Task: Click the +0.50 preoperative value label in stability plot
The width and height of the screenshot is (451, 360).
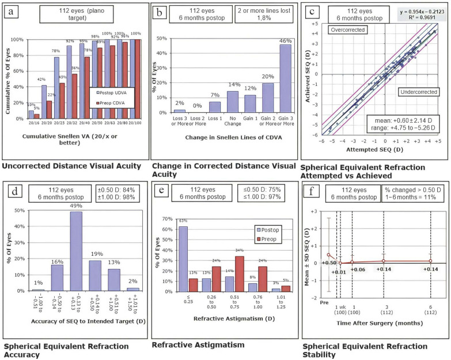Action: point(329,263)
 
